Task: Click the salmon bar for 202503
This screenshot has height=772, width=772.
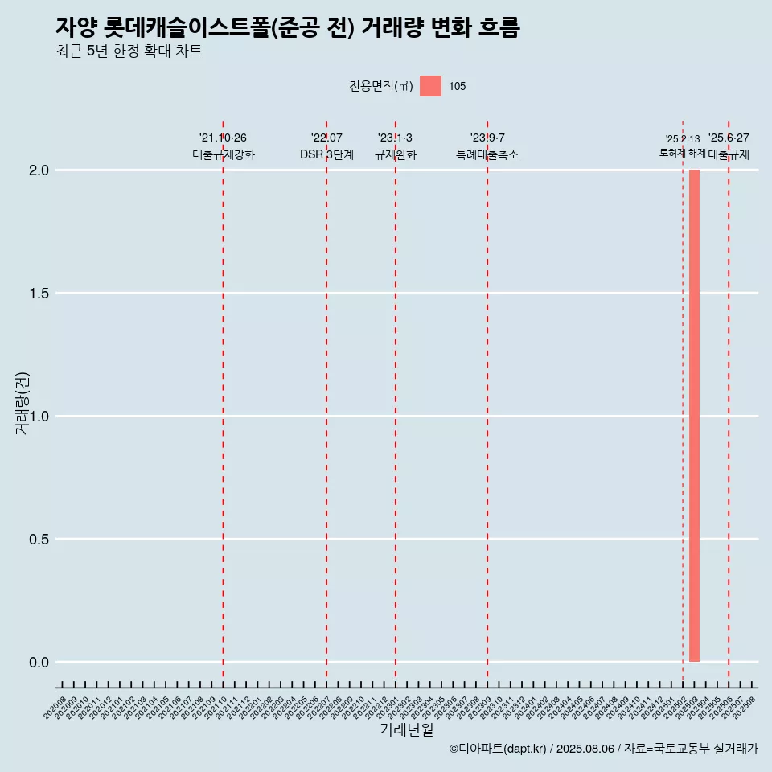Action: point(694,416)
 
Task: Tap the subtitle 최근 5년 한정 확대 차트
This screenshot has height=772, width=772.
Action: point(129,51)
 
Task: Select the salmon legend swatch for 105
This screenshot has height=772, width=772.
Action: point(430,86)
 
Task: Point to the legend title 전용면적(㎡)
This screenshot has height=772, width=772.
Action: point(381,87)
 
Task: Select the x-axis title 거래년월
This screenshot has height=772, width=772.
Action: point(406,730)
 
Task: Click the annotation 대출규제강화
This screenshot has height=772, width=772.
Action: point(224,154)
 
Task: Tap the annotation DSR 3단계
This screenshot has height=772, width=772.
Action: point(326,154)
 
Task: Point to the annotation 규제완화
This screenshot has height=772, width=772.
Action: point(395,154)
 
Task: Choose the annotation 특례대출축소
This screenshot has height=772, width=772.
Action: point(487,154)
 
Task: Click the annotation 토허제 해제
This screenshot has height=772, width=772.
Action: point(682,153)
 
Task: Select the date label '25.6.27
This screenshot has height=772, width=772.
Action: point(729,138)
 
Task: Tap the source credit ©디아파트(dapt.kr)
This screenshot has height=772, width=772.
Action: point(498,749)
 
